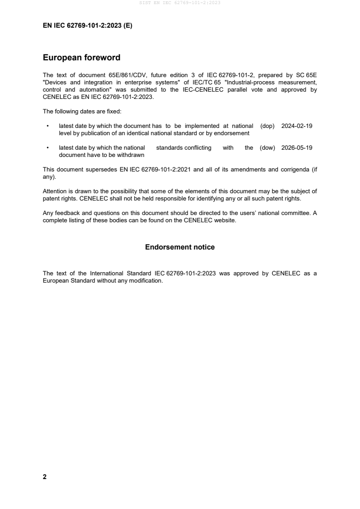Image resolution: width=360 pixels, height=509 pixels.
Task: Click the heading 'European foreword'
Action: (x=81, y=58)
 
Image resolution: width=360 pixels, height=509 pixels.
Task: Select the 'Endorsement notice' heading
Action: (x=180, y=247)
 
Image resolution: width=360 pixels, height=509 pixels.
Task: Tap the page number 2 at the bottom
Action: (x=44, y=477)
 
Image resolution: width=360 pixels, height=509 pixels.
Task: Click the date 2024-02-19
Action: (x=297, y=126)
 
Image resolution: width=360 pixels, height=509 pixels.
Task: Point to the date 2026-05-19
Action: (x=297, y=148)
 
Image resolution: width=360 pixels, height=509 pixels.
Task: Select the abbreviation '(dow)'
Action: (x=267, y=148)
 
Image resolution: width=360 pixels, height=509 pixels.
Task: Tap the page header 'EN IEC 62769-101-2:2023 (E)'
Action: (x=87, y=26)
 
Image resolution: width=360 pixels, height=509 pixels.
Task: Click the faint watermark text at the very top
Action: (x=180, y=3)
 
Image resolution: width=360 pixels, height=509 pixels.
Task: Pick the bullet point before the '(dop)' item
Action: (x=48, y=126)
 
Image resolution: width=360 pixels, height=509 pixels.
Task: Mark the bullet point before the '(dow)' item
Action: (x=48, y=148)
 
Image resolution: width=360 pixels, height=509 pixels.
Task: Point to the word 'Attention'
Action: (x=55, y=191)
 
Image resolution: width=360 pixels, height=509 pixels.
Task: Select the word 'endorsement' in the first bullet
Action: (x=234, y=133)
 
